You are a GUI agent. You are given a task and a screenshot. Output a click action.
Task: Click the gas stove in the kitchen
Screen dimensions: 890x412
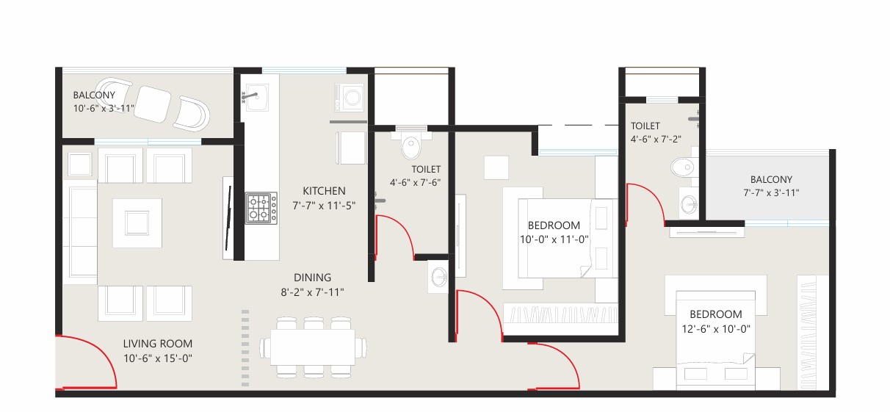[261, 208]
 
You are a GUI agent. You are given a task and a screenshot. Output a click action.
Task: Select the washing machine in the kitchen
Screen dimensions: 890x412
[350, 97]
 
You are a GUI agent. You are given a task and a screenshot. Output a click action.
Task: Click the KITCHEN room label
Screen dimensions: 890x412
[324, 191]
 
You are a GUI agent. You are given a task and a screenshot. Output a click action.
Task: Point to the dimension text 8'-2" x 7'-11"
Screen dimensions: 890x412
[312, 292]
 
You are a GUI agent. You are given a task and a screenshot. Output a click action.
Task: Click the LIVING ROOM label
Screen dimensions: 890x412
[157, 344]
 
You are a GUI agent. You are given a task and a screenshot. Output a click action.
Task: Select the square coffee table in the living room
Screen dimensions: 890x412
[137, 223]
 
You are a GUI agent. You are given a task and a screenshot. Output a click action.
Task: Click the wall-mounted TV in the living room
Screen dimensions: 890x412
[228, 217]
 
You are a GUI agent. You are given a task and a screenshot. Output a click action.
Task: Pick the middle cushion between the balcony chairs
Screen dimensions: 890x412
[152, 104]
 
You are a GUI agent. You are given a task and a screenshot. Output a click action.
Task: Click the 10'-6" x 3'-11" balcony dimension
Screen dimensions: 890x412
[104, 109]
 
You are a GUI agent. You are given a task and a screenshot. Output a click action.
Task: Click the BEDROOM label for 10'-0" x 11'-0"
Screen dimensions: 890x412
[554, 225]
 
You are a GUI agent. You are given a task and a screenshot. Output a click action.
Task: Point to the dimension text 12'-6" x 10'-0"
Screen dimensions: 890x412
[716, 329]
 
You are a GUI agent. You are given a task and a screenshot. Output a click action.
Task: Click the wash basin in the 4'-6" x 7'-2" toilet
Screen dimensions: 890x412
[689, 204]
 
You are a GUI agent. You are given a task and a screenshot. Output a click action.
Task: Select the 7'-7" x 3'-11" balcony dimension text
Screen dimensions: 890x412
[771, 192]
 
